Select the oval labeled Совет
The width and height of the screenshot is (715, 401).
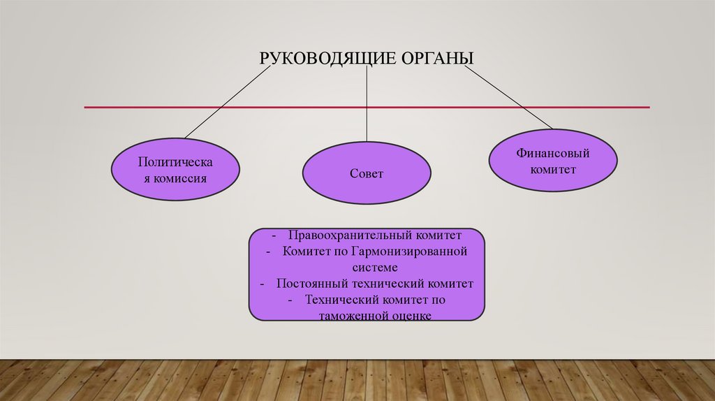click(366, 173)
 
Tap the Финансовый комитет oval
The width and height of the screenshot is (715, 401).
click(552, 161)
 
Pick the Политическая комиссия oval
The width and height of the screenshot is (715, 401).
click(175, 170)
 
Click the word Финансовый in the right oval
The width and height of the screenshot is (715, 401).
click(553, 153)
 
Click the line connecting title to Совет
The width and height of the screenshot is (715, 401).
click(367, 105)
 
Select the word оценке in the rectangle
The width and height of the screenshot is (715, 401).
click(411, 316)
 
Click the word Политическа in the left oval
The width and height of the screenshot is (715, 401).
click(175, 161)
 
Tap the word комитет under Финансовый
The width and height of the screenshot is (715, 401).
click(553, 169)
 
